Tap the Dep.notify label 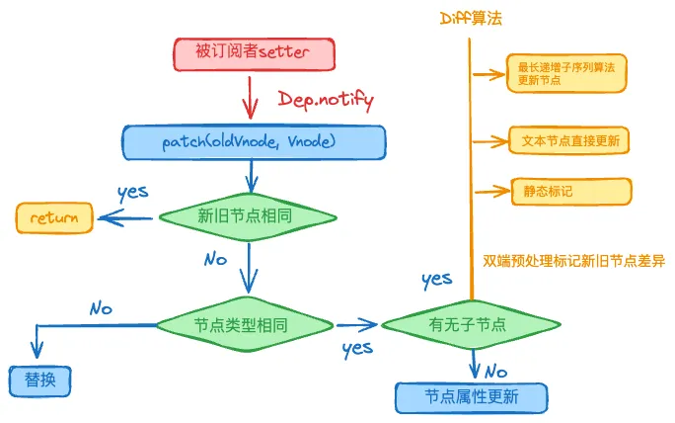(326, 100)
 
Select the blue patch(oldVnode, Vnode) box (254, 142)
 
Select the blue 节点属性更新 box (471, 397)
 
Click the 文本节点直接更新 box (570, 140)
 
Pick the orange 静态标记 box (570, 191)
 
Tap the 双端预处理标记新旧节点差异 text (574, 261)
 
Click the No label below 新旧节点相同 (215, 259)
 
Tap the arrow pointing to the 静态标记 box (489, 191)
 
